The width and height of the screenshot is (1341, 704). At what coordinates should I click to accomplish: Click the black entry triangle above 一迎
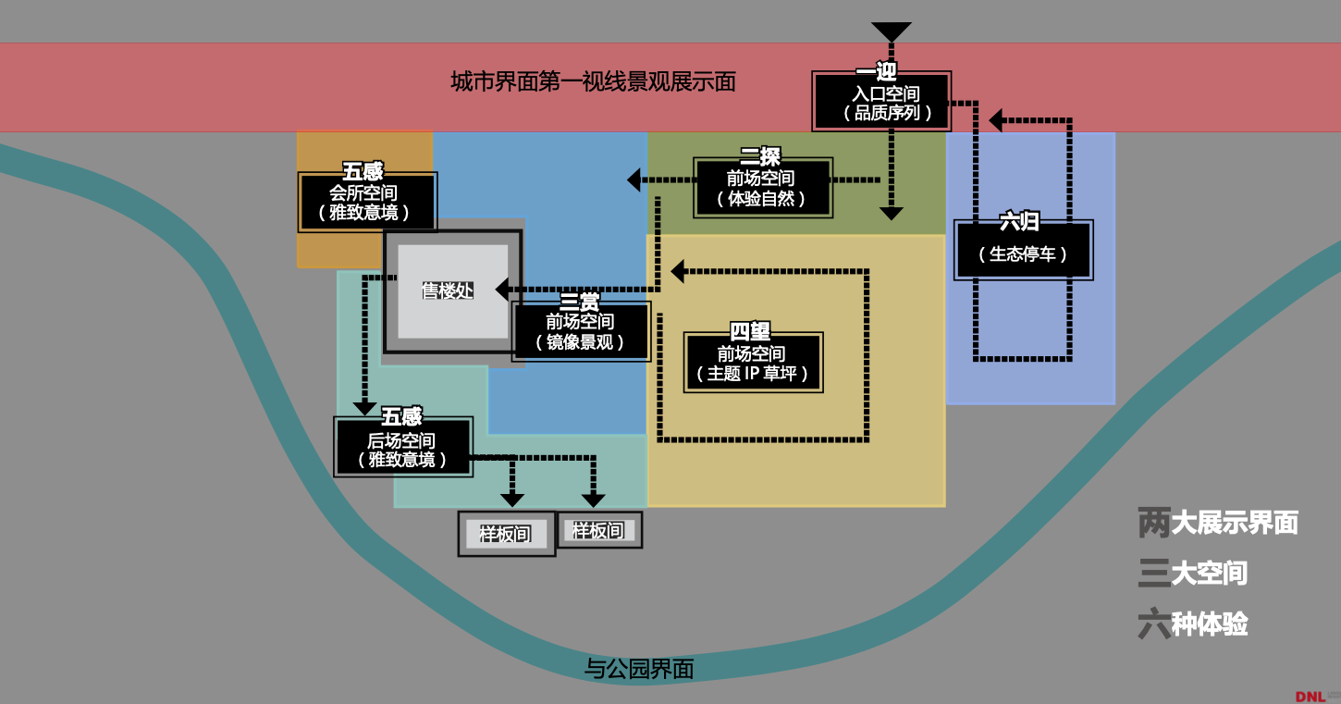coord(892,31)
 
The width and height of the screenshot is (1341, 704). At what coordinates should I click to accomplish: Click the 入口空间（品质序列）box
coord(882,103)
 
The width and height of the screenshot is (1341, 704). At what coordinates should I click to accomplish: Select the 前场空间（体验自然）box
coord(763,188)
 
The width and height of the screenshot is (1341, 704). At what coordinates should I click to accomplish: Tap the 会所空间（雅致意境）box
coord(367,203)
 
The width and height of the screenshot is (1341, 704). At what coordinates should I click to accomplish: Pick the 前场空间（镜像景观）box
coord(581,331)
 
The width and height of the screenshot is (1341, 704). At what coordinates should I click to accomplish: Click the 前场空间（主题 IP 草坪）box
coord(753,363)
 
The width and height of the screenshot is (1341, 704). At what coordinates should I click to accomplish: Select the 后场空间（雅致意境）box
coord(402,449)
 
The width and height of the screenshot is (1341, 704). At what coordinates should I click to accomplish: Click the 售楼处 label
coord(447,290)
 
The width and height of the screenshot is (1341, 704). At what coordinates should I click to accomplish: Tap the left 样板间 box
coord(506,534)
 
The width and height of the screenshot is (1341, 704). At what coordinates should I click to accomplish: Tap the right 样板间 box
coord(598,530)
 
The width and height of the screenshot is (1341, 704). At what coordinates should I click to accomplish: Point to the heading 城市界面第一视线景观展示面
coord(594,82)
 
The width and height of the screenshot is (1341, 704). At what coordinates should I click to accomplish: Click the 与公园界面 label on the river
coord(639,668)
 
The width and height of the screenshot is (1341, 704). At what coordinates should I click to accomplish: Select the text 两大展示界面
coord(1218,523)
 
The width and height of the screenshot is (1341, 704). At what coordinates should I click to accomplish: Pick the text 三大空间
coord(1193,574)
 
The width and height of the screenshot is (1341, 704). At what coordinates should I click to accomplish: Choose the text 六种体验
coord(1193,624)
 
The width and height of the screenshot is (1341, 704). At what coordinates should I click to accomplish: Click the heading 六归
coord(1020,222)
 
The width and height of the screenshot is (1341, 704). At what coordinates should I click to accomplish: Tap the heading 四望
coord(750,331)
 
